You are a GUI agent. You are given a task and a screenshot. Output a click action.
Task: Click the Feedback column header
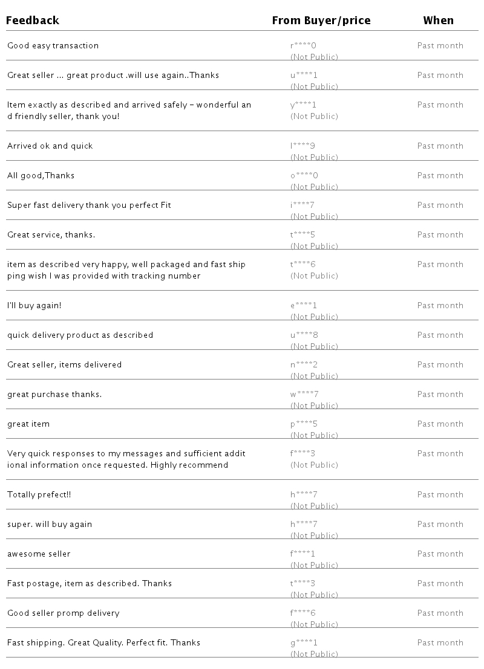click(x=33, y=21)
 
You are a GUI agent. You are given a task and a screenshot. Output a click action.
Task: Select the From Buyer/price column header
click(x=321, y=21)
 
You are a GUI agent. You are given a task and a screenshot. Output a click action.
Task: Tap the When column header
click(x=438, y=21)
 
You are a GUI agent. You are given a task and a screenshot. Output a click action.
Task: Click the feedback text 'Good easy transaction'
click(x=53, y=46)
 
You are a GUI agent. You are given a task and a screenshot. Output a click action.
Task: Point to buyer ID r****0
click(x=303, y=46)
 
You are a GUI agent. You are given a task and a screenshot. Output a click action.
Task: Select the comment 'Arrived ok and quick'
click(x=50, y=146)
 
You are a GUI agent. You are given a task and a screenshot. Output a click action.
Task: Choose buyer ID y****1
click(x=303, y=105)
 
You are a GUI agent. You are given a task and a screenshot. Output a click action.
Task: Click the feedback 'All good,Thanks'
click(x=41, y=176)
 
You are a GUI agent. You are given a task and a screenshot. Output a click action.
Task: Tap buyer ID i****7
click(x=302, y=205)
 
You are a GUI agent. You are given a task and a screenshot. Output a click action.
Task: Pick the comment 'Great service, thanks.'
click(x=51, y=235)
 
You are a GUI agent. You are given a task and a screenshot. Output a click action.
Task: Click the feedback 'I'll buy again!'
click(x=34, y=306)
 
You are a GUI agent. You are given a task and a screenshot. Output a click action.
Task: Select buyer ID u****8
click(x=304, y=335)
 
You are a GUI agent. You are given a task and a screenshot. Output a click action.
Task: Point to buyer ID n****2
click(x=304, y=365)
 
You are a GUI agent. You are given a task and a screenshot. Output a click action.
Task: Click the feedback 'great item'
click(x=28, y=424)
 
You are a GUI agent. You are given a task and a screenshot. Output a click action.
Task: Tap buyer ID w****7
click(x=304, y=395)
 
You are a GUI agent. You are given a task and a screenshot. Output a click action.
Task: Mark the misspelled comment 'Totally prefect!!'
click(x=39, y=495)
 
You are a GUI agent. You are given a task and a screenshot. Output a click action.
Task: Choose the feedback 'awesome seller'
click(x=39, y=554)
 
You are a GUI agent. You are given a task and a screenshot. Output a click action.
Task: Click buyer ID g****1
click(x=304, y=643)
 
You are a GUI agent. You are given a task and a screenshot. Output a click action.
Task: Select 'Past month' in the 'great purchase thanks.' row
click(x=440, y=395)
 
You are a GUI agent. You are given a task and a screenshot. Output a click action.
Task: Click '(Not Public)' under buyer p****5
click(x=314, y=435)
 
